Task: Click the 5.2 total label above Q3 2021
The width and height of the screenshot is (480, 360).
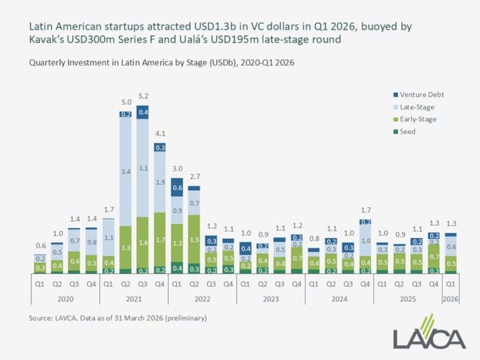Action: (x=143, y=97)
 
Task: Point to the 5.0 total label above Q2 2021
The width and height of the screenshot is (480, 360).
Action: (x=125, y=102)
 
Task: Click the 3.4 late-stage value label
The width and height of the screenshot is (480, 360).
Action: (x=125, y=172)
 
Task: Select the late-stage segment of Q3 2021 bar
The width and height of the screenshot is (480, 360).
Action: (x=143, y=168)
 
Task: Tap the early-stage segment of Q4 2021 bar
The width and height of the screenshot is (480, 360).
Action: (x=160, y=240)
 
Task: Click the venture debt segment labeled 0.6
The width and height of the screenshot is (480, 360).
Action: (x=178, y=187)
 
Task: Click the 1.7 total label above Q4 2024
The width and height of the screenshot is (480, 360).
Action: (x=364, y=210)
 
